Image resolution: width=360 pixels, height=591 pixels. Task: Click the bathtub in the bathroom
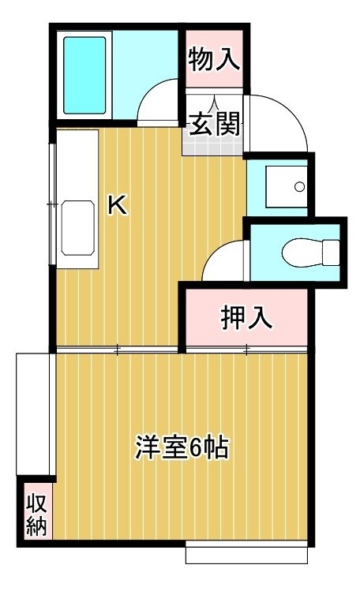tap(84, 76)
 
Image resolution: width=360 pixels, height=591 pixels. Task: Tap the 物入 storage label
tap(214, 59)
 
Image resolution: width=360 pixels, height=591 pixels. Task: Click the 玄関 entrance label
tap(214, 124)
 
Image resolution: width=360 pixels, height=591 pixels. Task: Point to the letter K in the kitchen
tap(118, 204)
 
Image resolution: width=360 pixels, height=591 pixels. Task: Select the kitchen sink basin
tap(77, 228)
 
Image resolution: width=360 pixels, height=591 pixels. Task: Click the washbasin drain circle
tap(300, 186)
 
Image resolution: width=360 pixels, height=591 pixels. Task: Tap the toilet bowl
tap(302, 252)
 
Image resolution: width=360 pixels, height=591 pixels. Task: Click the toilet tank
tap(331, 252)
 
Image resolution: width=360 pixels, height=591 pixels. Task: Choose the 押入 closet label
tap(246, 318)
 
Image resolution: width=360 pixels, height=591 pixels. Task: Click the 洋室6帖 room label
tap(182, 448)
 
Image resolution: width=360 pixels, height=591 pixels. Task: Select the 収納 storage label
tap(36, 515)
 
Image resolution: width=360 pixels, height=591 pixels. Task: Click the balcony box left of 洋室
tap(33, 413)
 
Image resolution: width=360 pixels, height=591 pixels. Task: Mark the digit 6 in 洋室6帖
tap(195, 448)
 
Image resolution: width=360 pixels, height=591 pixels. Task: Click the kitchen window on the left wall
tap(52, 204)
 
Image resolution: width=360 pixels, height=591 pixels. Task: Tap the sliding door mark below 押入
tap(246, 350)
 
